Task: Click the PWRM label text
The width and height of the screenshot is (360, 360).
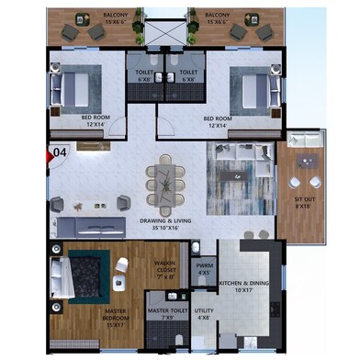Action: tap(204, 269)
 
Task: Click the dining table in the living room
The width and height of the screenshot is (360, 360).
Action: tap(166, 183)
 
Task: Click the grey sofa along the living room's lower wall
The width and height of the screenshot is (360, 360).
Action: tap(93, 225)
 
